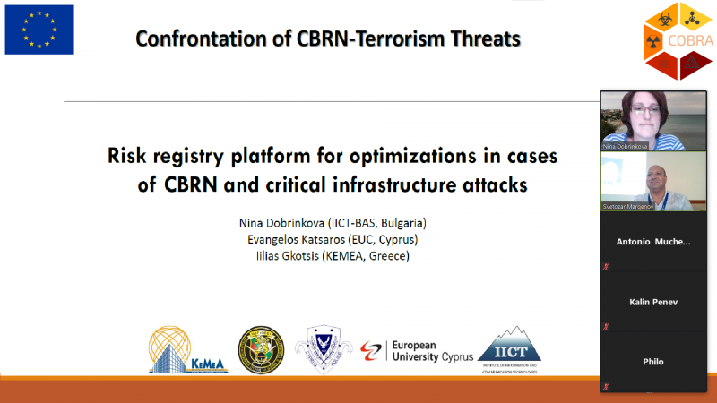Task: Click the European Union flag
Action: point(39,30)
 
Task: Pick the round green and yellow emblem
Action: point(260,349)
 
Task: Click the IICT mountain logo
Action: point(509,349)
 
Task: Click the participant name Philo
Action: point(653,362)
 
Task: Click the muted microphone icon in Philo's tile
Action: point(607,386)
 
